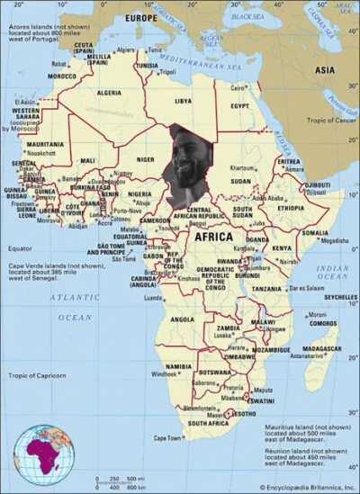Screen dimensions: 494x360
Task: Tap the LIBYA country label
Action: pos(183,101)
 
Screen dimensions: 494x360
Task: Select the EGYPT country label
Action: pos(241,105)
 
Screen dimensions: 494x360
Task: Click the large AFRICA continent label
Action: pos(214,237)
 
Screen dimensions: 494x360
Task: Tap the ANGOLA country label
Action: pos(182,319)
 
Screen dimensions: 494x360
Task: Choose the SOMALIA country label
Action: pos(315,232)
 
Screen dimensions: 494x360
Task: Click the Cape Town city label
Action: pos(168,438)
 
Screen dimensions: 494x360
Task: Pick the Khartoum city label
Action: pos(241,167)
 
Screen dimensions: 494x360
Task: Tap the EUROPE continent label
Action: pos(140,17)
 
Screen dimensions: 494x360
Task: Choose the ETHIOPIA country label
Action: pos(290,208)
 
